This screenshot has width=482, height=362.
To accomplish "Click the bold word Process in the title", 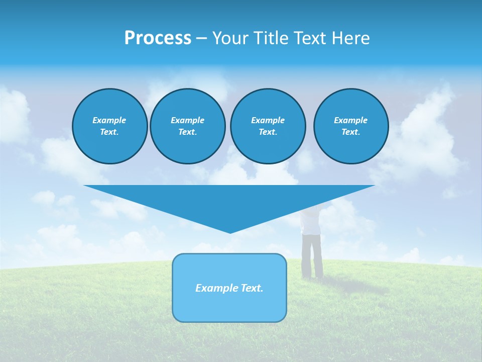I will pyautogui.click(x=158, y=38).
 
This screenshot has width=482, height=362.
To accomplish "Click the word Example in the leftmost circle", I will pyautogui.click(x=109, y=120).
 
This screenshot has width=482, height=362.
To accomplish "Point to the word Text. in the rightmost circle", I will pyautogui.click(x=350, y=132).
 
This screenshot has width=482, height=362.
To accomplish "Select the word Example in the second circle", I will pyautogui.click(x=187, y=120).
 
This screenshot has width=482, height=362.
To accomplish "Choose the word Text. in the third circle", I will pyautogui.click(x=268, y=132).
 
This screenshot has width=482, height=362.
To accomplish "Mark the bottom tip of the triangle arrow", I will pyautogui.click(x=230, y=232).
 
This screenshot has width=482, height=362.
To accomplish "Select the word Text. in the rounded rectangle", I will pyautogui.click(x=252, y=288).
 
